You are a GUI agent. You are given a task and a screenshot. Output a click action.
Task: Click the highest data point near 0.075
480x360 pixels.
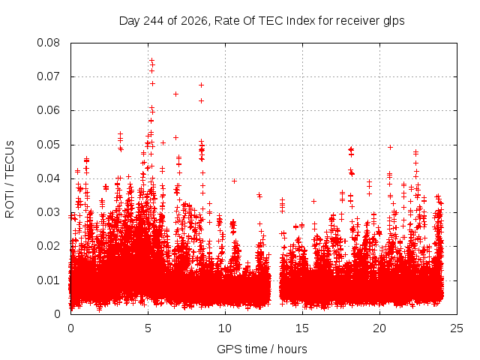point(151,60)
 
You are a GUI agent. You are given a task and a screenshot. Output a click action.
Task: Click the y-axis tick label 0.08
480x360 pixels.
point(48,43)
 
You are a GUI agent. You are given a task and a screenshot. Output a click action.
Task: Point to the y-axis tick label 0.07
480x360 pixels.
point(48,76)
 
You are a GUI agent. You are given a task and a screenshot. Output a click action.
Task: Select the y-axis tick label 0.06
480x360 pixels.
point(48,110)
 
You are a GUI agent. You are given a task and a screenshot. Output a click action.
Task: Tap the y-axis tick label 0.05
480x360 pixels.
point(48,145)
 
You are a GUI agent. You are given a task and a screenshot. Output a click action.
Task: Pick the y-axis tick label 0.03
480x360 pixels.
point(48,212)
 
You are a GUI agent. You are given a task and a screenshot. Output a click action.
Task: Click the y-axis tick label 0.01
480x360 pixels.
point(48,280)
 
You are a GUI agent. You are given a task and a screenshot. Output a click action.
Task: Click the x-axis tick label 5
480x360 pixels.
point(148,328)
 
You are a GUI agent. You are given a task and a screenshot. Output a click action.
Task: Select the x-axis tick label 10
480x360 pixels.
point(225,328)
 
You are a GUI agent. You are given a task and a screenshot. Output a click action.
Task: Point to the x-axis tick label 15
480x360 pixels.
point(302,328)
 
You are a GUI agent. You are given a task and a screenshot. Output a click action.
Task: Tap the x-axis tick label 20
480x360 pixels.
point(379,328)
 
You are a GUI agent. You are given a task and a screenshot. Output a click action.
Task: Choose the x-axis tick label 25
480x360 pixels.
point(457,328)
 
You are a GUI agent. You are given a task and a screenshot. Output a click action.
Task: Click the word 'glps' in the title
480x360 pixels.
point(394,21)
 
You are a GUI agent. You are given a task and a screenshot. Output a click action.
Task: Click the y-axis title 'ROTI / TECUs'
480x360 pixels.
point(10,179)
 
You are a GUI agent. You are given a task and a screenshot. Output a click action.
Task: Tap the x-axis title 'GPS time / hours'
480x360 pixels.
point(262,349)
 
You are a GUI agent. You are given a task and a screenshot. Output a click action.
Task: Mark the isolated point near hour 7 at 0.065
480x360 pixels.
point(175,94)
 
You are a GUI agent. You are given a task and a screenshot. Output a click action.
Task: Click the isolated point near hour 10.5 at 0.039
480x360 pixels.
point(234,181)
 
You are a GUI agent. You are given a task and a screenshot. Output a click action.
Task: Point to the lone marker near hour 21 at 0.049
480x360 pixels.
point(390,147)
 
